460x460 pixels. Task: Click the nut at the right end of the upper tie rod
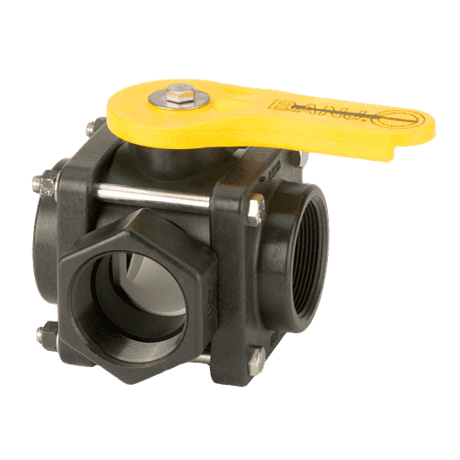(x=255, y=208)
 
